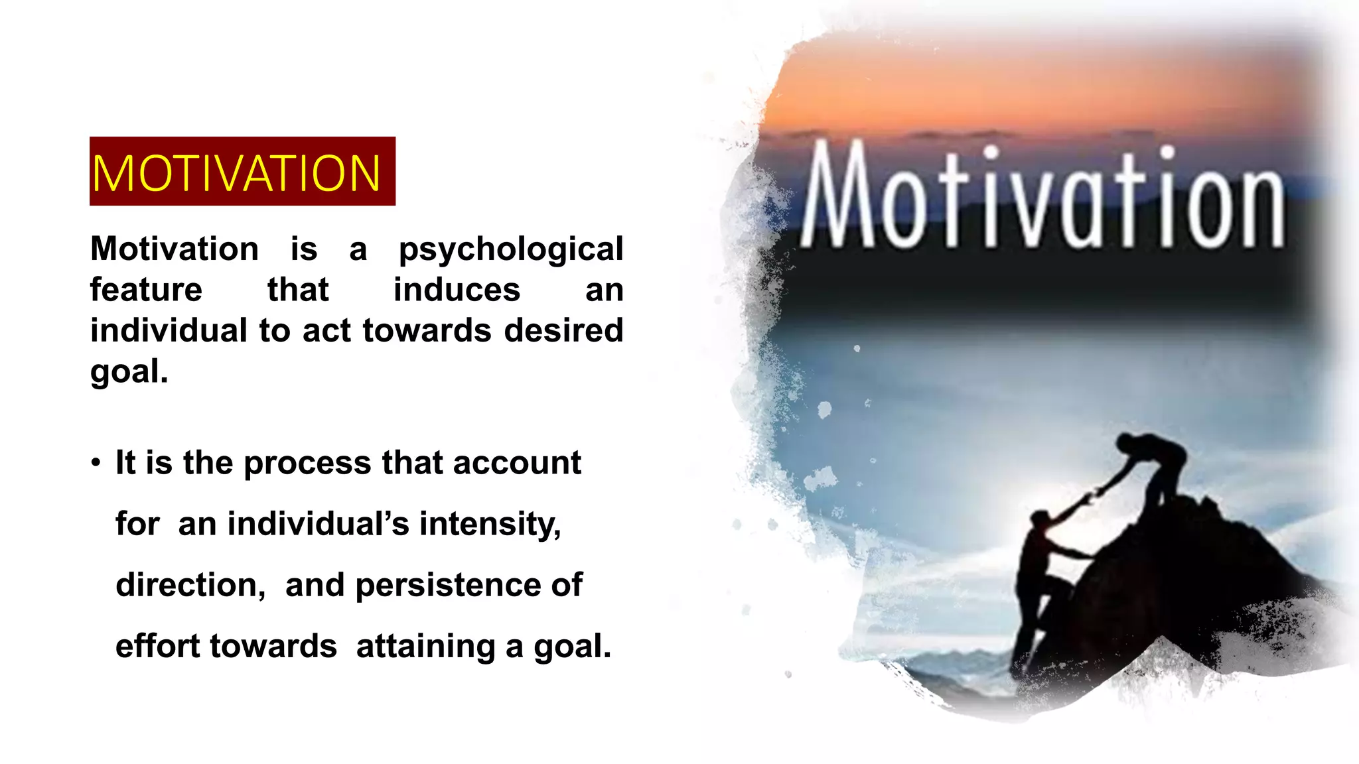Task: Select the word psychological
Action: click(x=510, y=250)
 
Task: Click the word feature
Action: click(x=146, y=290)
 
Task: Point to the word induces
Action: click(x=457, y=290)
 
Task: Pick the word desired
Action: click(x=563, y=330)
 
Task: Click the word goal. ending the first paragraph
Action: click(x=129, y=371)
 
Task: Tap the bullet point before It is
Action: click(x=97, y=462)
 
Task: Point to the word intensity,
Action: click(x=490, y=524)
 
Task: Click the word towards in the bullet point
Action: click(x=273, y=646)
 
